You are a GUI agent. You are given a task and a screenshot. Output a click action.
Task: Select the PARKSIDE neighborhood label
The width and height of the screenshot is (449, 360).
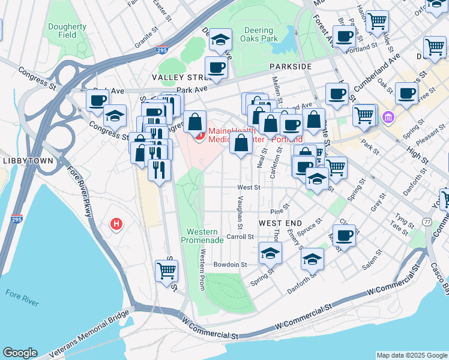tap(291, 66)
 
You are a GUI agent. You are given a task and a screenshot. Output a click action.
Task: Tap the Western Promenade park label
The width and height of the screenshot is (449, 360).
tap(202, 236)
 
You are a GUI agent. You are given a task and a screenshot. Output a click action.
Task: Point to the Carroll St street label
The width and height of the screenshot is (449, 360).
tap(240, 237)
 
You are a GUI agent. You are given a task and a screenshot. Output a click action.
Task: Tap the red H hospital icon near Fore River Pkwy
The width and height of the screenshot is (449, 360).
tap(117, 224)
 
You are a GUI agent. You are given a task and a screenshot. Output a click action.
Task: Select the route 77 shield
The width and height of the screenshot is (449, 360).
tap(427, 221)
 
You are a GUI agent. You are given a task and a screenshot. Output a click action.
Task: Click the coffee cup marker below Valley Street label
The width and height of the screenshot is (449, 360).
tap(215, 67)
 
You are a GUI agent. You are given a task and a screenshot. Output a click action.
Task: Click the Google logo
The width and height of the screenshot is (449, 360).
tap(20, 353)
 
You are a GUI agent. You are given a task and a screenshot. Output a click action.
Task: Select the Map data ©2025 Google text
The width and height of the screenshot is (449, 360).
tap(411, 355)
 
